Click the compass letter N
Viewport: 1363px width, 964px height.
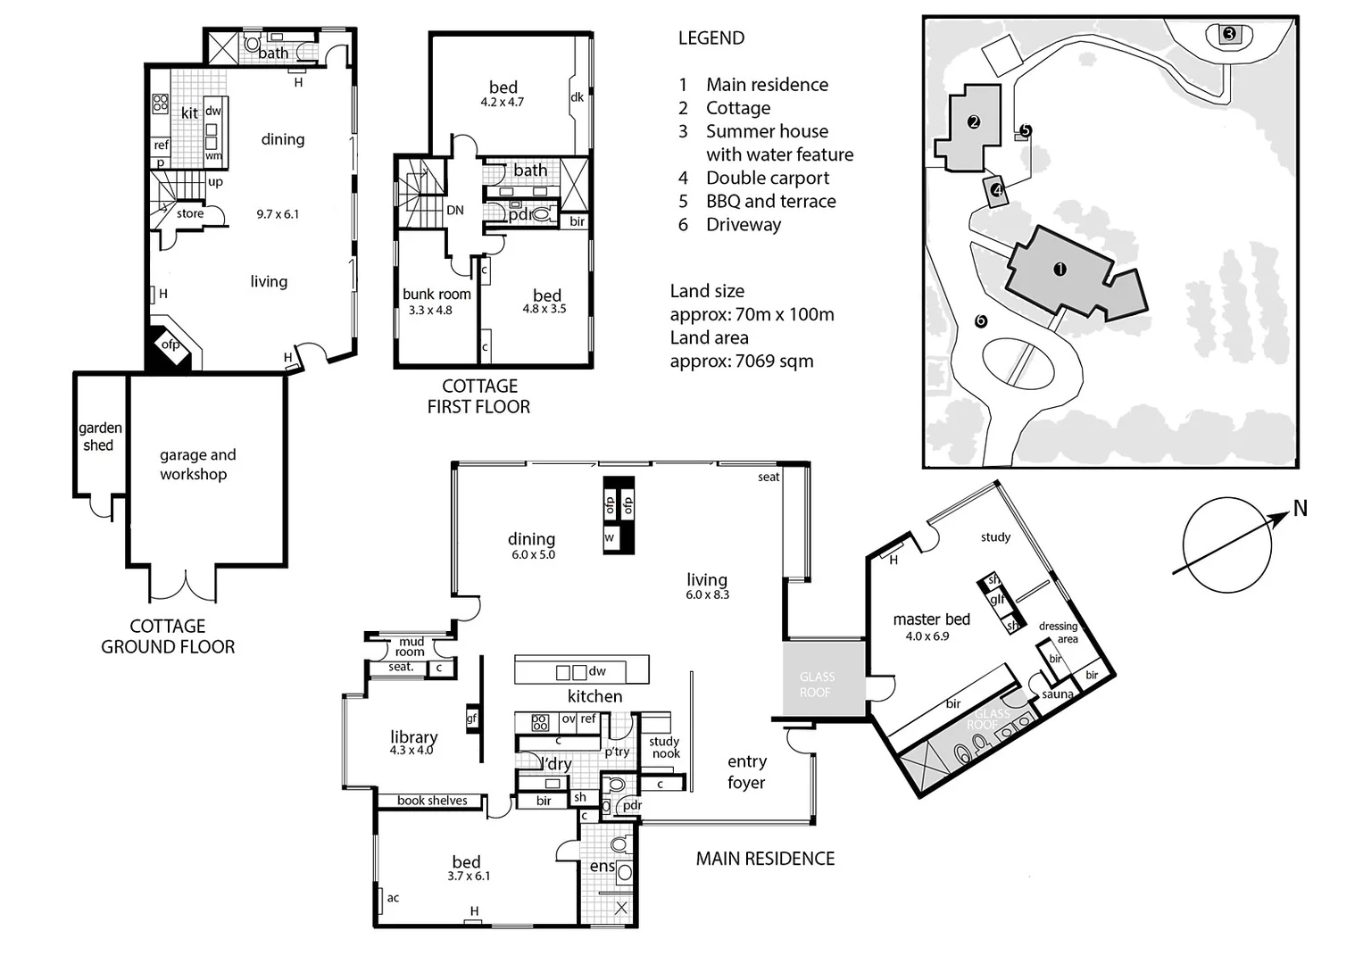[1300, 509]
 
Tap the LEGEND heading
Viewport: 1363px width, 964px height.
[711, 38]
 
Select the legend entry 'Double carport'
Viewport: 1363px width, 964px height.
[767, 179]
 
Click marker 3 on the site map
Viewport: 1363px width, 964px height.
[1229, 35]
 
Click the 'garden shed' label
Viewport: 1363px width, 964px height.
[99, 436]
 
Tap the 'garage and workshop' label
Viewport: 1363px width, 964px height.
[196, 464]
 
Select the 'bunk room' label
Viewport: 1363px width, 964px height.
[436, 295]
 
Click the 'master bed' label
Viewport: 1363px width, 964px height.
[931, 619]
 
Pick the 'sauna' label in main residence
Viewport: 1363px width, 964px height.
[1058, 694]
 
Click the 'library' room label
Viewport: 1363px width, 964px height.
[413, 737]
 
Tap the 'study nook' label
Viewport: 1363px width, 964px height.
[664, 747]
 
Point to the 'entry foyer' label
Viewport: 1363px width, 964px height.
[746, 772]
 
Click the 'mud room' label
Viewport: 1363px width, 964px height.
[411, 646]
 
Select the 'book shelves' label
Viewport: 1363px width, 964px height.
[432, 801]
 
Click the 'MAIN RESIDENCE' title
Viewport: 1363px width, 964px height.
[765, 859]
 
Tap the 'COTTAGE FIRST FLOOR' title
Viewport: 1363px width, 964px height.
[479, 396]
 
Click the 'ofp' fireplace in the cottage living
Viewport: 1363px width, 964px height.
[170, 345]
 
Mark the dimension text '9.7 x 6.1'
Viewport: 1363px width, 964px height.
[278, 214]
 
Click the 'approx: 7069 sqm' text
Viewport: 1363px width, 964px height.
[741, 361]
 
